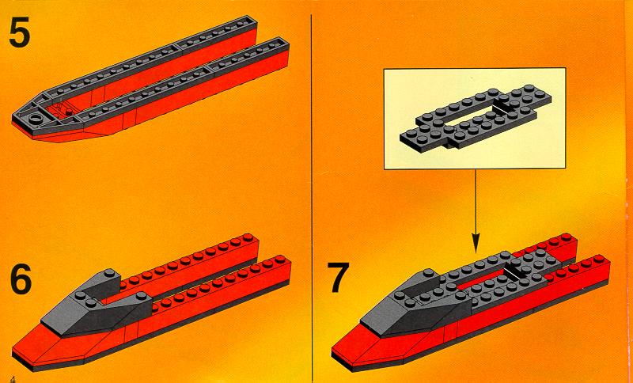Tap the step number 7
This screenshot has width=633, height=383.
point(339,278)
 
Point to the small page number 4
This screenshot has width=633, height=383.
point(14,378)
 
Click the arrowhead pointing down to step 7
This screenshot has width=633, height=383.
point(476,244)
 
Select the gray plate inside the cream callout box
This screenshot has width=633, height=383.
point(476,118)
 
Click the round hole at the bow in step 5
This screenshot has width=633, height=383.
point(36,118)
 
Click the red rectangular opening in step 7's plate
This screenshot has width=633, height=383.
point(480,281)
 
